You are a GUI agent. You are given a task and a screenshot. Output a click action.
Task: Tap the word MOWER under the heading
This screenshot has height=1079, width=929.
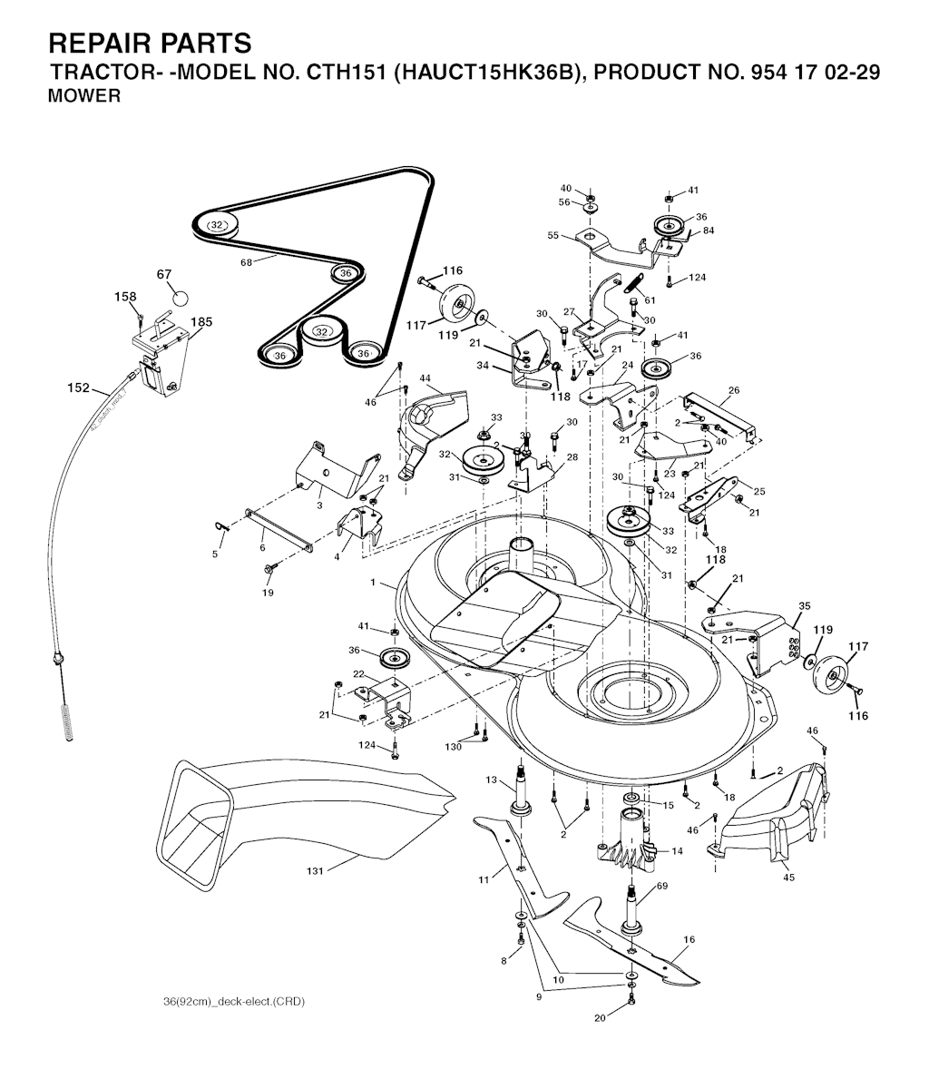83,96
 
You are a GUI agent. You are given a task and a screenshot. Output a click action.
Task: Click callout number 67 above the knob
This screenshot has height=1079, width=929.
163,274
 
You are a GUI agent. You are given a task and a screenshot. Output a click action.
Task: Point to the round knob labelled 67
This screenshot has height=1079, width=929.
179,297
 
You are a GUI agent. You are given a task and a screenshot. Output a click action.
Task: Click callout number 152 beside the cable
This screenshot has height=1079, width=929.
79,387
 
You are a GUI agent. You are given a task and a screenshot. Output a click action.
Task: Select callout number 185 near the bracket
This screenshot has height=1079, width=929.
202,321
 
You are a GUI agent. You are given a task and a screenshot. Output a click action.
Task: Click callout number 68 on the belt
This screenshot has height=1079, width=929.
245,262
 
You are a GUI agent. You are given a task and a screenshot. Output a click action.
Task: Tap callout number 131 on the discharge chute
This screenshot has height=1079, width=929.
314,871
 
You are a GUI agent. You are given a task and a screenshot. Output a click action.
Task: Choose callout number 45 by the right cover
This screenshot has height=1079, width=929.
787,877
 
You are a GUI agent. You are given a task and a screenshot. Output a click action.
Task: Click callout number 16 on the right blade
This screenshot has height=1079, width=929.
689,940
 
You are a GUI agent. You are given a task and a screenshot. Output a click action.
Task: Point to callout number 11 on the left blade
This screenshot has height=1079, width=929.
484,878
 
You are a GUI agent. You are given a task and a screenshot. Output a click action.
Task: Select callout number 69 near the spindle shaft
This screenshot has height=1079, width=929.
662,886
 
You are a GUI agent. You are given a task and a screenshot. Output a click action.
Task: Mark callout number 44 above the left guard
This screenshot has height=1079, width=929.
425,378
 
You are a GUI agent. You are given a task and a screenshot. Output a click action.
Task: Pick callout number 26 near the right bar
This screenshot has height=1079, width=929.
733,390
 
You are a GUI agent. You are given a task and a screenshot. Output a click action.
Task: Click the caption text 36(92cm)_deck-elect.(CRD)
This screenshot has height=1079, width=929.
229,1002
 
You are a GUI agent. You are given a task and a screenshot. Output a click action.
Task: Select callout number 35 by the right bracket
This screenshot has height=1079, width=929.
804,605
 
